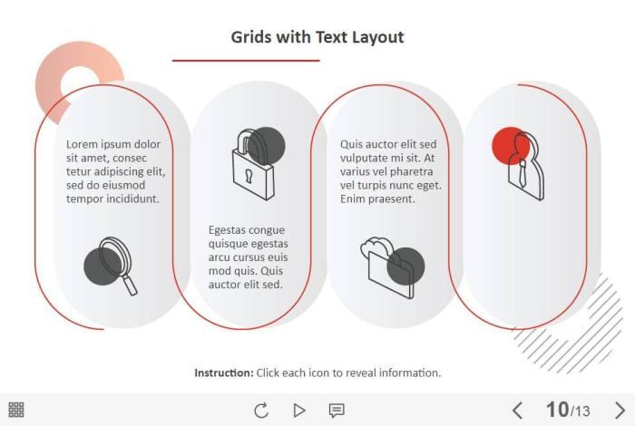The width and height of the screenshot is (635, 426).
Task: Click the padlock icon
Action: pos(253,164)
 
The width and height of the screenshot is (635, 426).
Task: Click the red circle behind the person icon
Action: pos(511,146)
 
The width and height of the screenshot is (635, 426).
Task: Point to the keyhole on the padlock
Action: pos(249,175)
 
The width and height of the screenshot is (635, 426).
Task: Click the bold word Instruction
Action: pos(223,373)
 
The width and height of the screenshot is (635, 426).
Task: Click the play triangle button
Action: pos(299,411)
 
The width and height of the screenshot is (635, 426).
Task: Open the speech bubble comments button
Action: pos(337,411)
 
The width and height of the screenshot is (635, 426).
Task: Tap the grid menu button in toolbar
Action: pos(16,410)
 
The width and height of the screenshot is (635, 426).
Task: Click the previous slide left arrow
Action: pos(517,411)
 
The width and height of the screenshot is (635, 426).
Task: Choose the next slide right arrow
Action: pos(620,411)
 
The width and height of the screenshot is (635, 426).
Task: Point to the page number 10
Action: pos(557,410)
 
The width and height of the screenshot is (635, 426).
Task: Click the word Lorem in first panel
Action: pos(82,144)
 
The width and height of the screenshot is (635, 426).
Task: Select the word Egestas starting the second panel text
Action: pos(227,230)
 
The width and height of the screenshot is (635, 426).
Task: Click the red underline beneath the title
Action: pos(246,61)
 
